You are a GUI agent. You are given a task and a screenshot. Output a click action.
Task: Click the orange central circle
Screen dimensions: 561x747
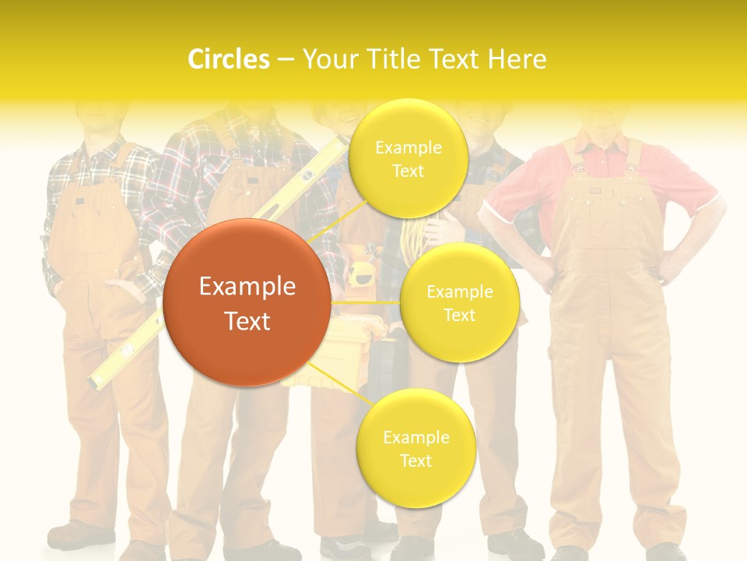point(247,302)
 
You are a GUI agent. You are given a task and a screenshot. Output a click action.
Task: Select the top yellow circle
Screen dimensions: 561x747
point(408,159)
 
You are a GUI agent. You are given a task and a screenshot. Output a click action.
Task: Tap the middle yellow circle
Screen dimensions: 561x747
point(459,302)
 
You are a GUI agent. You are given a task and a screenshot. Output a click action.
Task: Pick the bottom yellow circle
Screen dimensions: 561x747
point(416,449)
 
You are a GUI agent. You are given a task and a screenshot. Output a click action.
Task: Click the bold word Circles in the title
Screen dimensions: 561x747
point(228,59)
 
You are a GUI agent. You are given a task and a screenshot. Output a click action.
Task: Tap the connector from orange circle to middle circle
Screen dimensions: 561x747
point(364,302)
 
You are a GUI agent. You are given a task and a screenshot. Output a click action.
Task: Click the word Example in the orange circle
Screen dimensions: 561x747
point(247,287)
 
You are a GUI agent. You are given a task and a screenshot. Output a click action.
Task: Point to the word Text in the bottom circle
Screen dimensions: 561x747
point(416,460)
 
